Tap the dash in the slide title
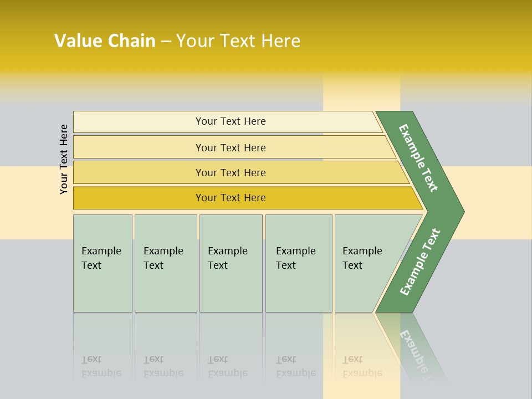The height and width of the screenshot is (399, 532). click(x=166, y=42)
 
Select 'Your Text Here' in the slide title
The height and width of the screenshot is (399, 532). click(x=238, y=41)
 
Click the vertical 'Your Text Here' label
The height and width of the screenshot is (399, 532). click(x=64, y=159)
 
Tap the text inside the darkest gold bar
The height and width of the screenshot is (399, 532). click(x=231, y=198)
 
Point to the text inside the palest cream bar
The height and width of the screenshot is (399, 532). click(x=231, y=121)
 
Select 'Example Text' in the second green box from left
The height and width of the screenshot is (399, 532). click(x=163, y=258)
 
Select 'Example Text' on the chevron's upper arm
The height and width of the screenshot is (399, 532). click(x=418, y=158)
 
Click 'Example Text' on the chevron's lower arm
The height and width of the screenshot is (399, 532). click(x=420, y=262)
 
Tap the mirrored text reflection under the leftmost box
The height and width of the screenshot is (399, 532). click(x=101, y=366)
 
